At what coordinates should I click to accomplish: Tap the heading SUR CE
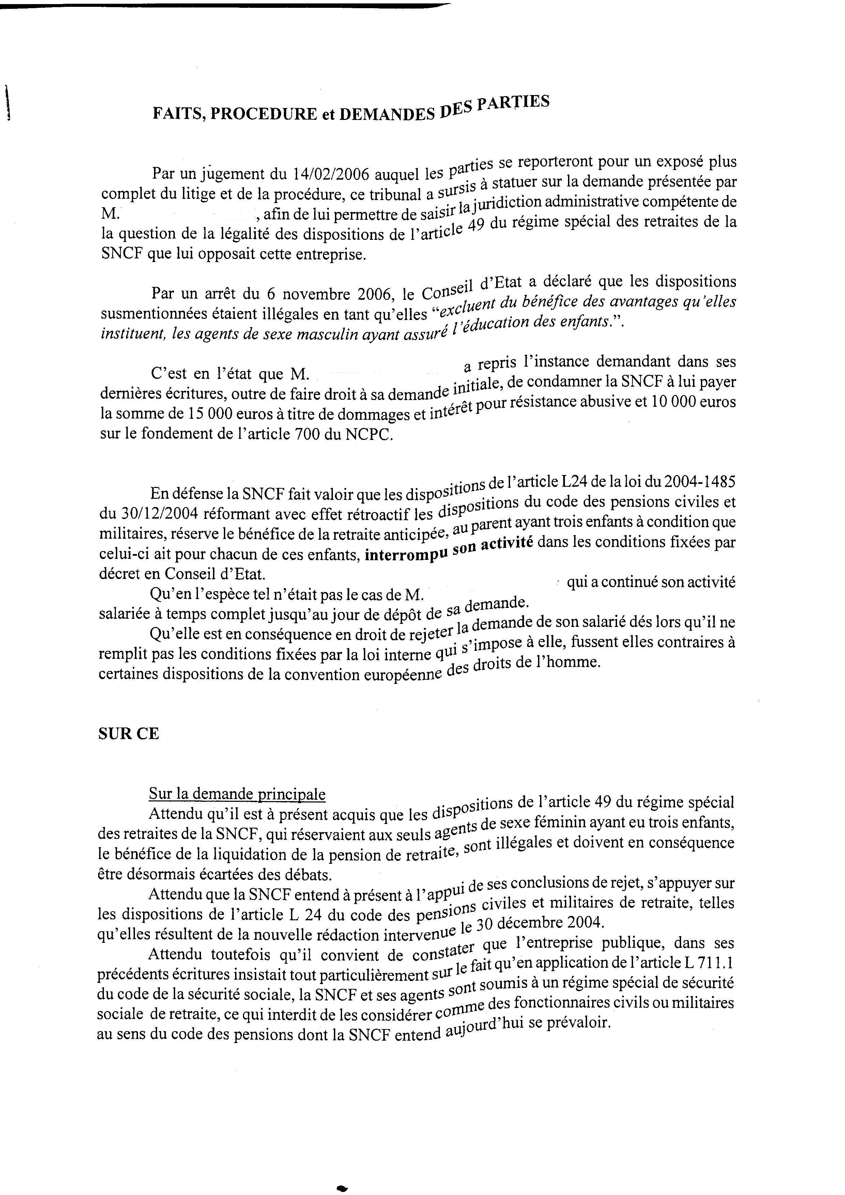pos(128,734)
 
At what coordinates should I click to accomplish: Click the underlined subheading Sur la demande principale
pos(237,794)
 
